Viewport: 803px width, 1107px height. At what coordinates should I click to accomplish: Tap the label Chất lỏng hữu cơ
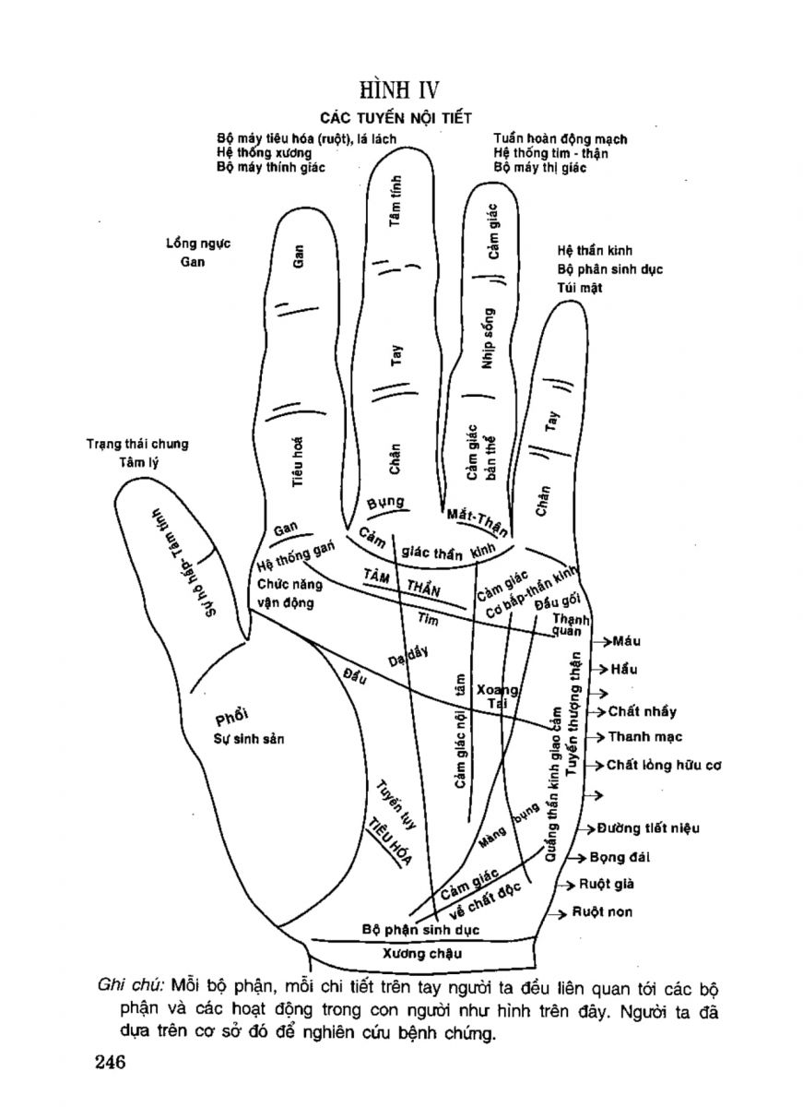[663, 766]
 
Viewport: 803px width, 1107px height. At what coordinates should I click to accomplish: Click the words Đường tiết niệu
[648, 828]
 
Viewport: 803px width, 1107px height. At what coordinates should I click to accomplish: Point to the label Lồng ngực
[197, 244]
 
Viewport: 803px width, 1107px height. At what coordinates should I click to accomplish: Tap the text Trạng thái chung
[138, 444]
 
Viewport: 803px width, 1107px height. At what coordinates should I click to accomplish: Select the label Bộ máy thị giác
[540, 168]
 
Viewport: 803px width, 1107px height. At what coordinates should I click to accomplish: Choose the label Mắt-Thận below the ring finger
[477, 522]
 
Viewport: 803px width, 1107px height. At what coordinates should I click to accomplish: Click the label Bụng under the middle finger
[386, 504]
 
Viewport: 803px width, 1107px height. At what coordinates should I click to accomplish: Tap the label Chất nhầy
[643, 711]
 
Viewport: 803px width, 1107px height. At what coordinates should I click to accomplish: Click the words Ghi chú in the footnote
[129, 986]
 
